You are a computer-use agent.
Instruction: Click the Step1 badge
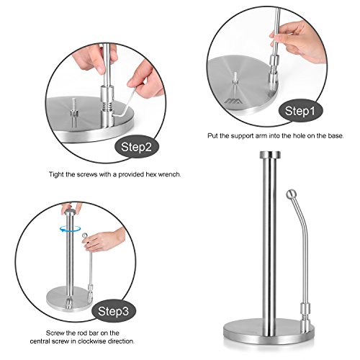coord(300,111)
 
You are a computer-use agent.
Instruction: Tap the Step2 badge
coord(136,147)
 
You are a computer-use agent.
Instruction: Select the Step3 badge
coord(114,311)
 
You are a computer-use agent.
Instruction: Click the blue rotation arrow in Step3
coord(70,229)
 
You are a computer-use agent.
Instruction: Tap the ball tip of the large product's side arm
coord(291,194)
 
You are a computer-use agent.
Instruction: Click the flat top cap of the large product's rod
coord(270,154)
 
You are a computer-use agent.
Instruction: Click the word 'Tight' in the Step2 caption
coord(56,174)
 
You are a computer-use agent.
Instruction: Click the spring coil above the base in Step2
coord(107,106)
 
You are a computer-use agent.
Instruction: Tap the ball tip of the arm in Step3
coord(85,235)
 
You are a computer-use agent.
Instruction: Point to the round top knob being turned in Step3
coord(70,212)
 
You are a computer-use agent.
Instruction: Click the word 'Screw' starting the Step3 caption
coord(55,333)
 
